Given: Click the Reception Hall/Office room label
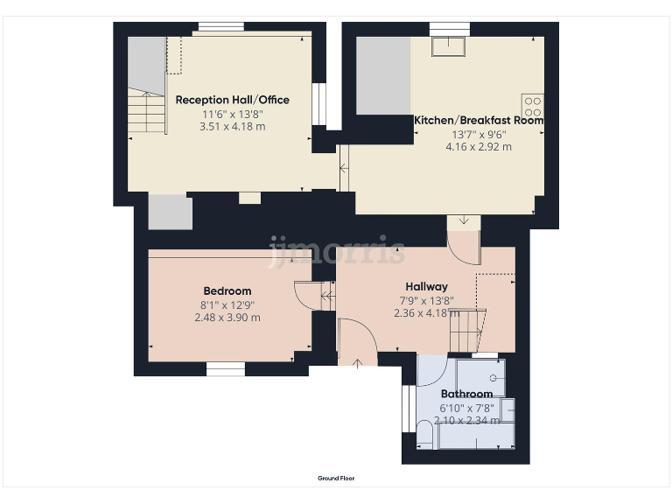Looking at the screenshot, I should [232, 100].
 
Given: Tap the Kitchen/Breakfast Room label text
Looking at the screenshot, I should [479, 121].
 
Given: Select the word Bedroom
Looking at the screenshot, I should [227, 291].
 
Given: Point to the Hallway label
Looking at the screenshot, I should [426, 287].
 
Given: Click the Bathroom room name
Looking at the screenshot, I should [466, 395].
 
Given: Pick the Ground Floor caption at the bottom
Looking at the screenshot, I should [336, 479].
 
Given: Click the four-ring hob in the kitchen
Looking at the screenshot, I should [532, 106].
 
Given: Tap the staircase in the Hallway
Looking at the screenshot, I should [467, 329].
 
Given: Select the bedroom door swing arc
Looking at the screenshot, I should [306, 295].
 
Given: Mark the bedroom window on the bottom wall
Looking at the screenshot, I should [226, 369].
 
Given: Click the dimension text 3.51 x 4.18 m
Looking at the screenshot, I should [232, 127].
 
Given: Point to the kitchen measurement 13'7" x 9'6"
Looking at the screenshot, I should [479, 135].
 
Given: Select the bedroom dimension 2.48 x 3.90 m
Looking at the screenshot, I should [227, 318].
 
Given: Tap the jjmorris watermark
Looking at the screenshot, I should [336, 251].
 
